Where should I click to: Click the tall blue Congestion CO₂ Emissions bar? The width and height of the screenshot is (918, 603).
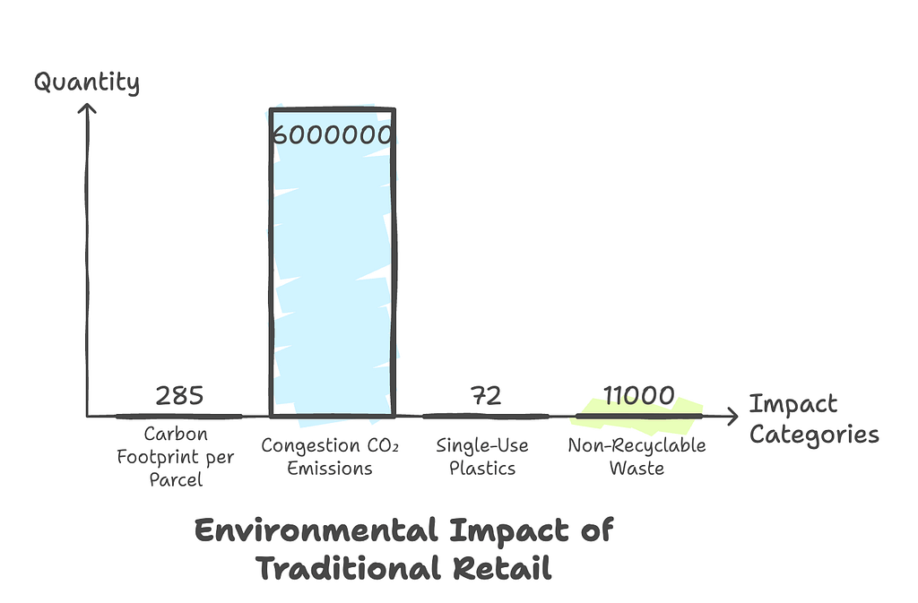point(332,269)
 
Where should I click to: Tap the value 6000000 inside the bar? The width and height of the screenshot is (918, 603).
point(332,135)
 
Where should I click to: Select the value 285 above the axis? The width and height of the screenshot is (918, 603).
point(179,395)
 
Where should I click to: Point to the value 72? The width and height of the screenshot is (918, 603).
point(485,395)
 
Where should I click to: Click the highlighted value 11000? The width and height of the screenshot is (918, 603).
point(637,395)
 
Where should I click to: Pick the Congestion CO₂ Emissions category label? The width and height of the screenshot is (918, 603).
point(330,457)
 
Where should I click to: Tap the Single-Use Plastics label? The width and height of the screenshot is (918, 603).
point(482,457)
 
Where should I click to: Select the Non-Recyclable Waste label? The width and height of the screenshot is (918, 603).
point(637,457)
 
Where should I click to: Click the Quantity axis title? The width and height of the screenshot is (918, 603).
point(87,83)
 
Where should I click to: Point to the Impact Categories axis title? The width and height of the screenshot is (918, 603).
point(813,419)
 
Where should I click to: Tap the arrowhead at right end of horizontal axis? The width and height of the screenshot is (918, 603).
point(732,416)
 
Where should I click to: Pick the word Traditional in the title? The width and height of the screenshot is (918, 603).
point(347,569)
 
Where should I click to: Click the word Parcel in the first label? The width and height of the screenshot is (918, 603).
point(177,479)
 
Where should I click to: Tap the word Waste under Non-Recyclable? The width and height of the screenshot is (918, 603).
point(637,468)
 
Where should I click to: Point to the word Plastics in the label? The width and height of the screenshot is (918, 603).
point(482,468)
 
